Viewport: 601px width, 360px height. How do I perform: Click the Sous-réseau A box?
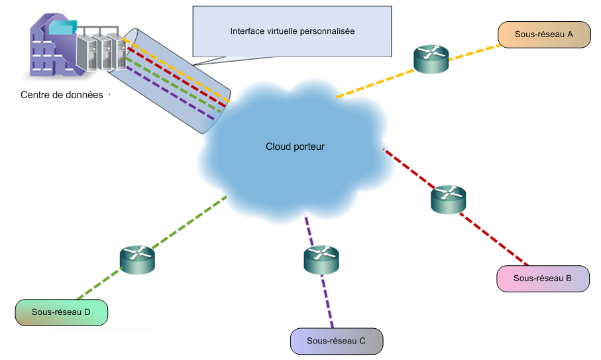[544, 34]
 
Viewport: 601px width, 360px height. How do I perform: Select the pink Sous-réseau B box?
[543, 278]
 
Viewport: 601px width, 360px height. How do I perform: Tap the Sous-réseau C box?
[337, 341]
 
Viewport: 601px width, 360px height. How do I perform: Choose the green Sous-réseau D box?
[61, 312]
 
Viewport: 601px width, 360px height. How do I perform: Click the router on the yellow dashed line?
[431, 59]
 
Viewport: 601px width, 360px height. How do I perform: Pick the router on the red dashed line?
[449, 199]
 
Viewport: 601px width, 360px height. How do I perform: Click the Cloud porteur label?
[296, 147]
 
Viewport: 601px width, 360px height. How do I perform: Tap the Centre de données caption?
[62, 95]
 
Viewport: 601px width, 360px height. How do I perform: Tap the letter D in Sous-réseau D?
[87, 312]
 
